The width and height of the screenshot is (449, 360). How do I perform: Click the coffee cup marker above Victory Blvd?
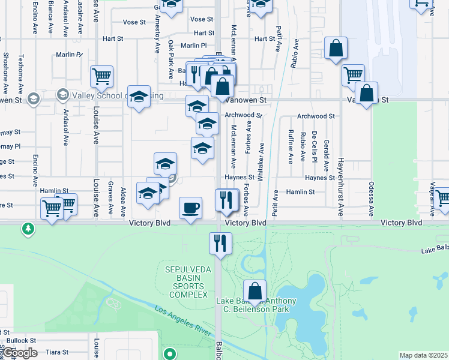(191, 208)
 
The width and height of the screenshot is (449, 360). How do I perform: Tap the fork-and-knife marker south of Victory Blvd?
(220, 244)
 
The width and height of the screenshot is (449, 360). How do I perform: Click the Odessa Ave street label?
(372, 199)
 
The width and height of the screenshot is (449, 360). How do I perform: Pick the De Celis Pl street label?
(314, 146)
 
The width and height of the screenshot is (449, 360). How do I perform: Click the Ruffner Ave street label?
(290, 146)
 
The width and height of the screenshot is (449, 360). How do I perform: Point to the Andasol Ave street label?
(65, 130)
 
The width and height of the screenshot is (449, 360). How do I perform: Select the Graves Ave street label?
(110, 198)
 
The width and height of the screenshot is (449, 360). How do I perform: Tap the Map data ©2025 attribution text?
(424, 355)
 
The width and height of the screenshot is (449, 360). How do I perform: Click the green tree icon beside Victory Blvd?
(28, 229)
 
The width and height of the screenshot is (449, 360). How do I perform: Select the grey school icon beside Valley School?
(62, 95)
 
